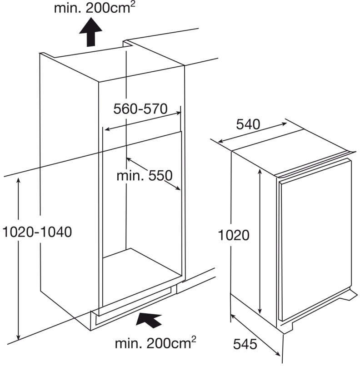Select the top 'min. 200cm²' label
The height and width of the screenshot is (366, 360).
coord(95,8)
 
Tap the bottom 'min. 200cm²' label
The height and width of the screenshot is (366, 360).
coord(155,343)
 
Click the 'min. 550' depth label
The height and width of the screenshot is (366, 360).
coord(145,176)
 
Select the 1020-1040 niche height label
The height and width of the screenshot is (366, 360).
coord(37,232)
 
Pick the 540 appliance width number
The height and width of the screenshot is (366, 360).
coord(248,124)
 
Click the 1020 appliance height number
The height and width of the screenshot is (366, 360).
coord(234,235)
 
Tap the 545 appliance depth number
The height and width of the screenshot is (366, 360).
coord(245,344)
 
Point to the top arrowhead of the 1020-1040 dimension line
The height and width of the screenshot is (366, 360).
coord(18,180)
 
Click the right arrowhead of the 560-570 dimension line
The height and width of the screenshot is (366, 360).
coord(178,113)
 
